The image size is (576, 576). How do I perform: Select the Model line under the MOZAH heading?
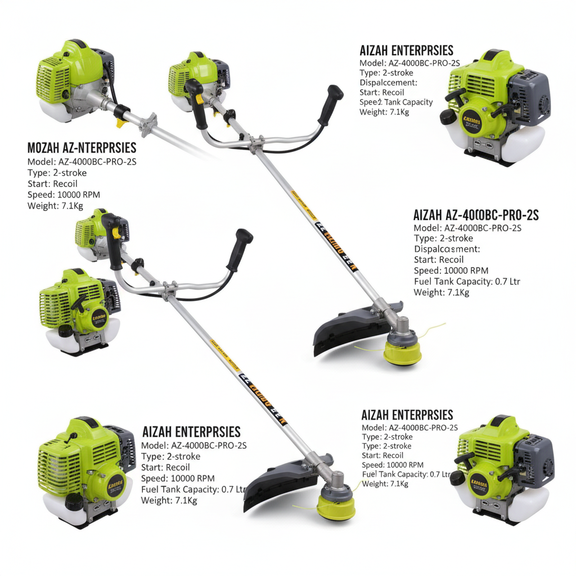click(x=82, y=162)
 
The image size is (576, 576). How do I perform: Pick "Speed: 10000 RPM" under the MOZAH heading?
click(x=63, y=195)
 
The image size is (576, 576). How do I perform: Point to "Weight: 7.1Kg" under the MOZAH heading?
click(x=55, y=206)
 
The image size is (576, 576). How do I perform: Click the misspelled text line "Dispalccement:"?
click(x=388, y=83)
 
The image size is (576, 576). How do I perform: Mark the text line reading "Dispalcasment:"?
click(x=447, y=249)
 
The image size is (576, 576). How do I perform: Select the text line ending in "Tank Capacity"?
click(x=396, y=102)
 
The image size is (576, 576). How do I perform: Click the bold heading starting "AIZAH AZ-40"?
click(x=476, y=215)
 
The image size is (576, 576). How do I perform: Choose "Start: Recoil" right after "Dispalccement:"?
click(x=382, y=92)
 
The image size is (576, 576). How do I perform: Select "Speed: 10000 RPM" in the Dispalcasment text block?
click(x=451, y=271)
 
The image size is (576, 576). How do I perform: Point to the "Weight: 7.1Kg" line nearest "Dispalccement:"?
click(x=384, y=112)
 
